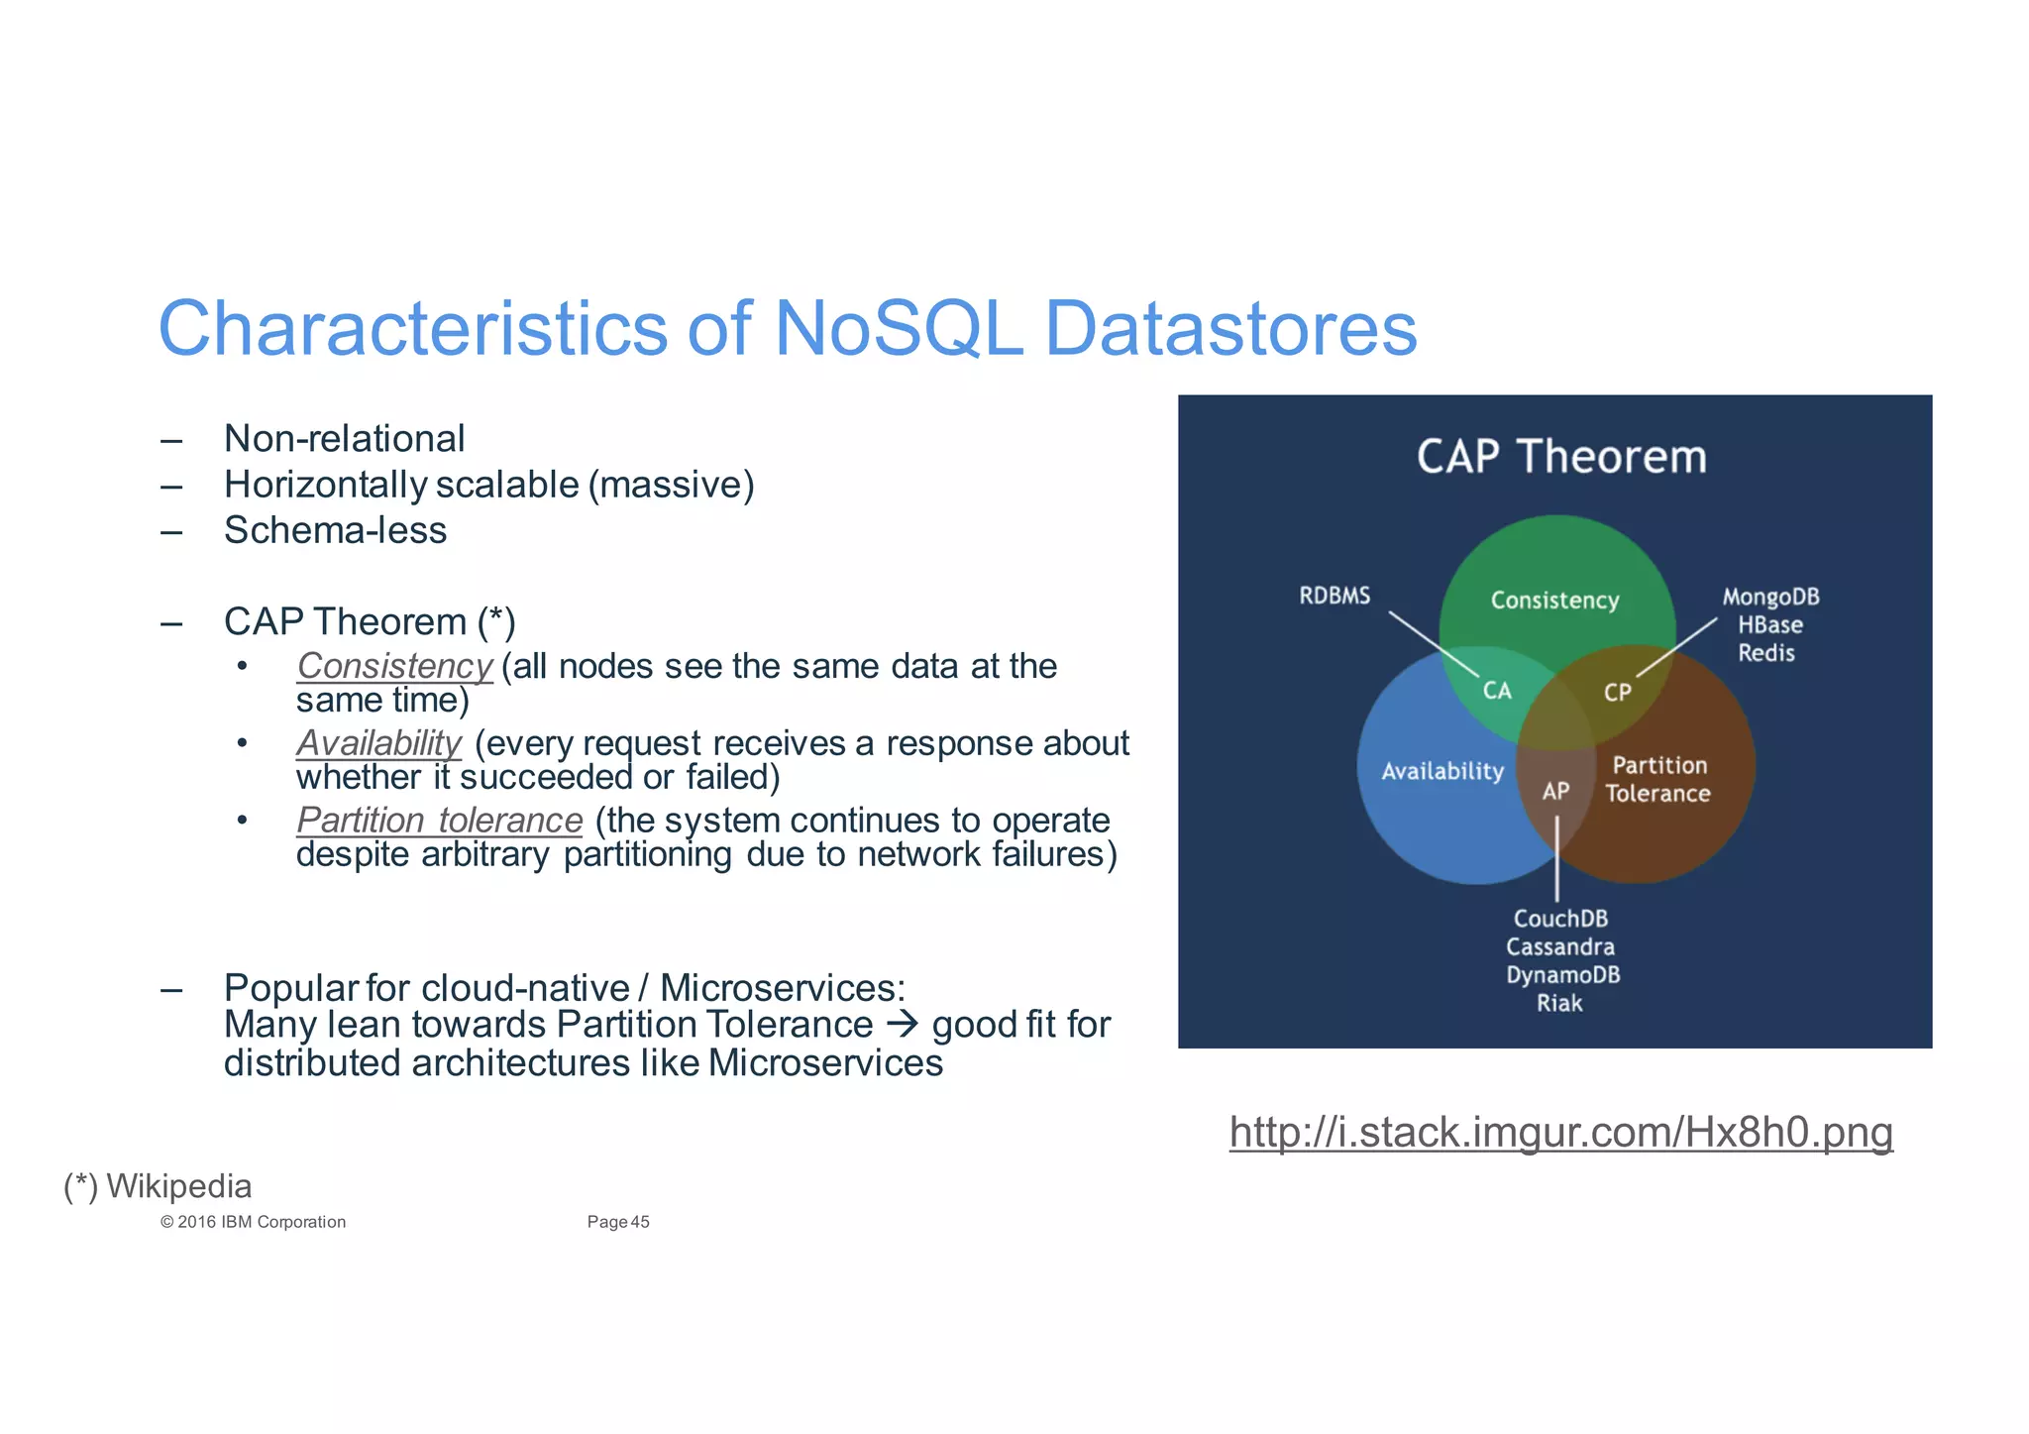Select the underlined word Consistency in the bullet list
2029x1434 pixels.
click(394, 666)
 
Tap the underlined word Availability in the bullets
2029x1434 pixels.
click(378, 742)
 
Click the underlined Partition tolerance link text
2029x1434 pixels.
click(439, 820)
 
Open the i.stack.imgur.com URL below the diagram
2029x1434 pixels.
click(1560, 1132)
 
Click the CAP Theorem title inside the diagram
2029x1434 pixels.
click(1561, 457)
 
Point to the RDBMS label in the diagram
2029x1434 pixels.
click(1335, 596)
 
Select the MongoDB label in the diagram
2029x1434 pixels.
click(1770, 597)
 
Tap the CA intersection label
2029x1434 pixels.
click(1497, 691)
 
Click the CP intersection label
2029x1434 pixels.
click(1617, 693)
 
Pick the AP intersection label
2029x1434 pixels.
click(1555, 791)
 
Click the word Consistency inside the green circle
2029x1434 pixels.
click(1554, 601)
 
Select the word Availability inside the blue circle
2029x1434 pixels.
click(1442, 771)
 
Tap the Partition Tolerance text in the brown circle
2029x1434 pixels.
click(1658, 779)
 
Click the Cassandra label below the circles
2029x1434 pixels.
click(1560, 946)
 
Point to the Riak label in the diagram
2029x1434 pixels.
click(1559, 1003)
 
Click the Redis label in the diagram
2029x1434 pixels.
click(1766, 653)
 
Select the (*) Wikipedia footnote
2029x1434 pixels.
click(159, 1186)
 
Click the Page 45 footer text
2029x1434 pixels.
click(617, 1222)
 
